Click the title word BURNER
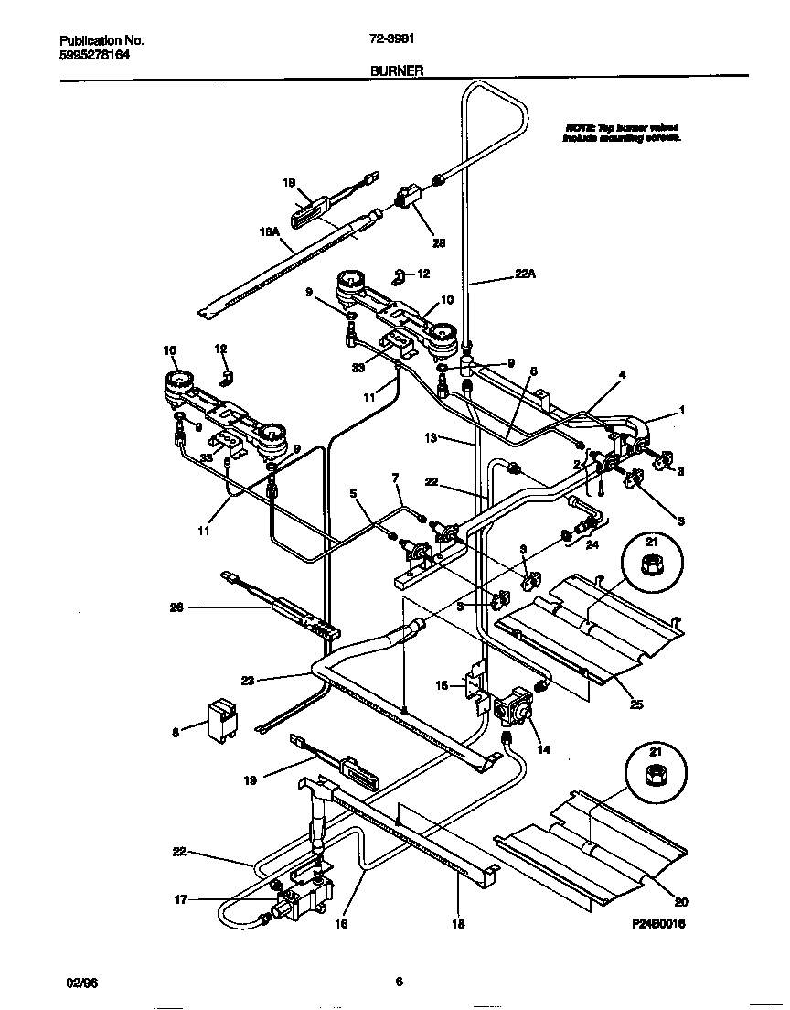pyautogui.click(x=396, y=70)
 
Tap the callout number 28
pyautogui.click(x=439, y=242)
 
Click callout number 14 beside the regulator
pyautogui.click(x=544, y=749)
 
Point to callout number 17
pyautogui.click(x=181, y=899)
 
